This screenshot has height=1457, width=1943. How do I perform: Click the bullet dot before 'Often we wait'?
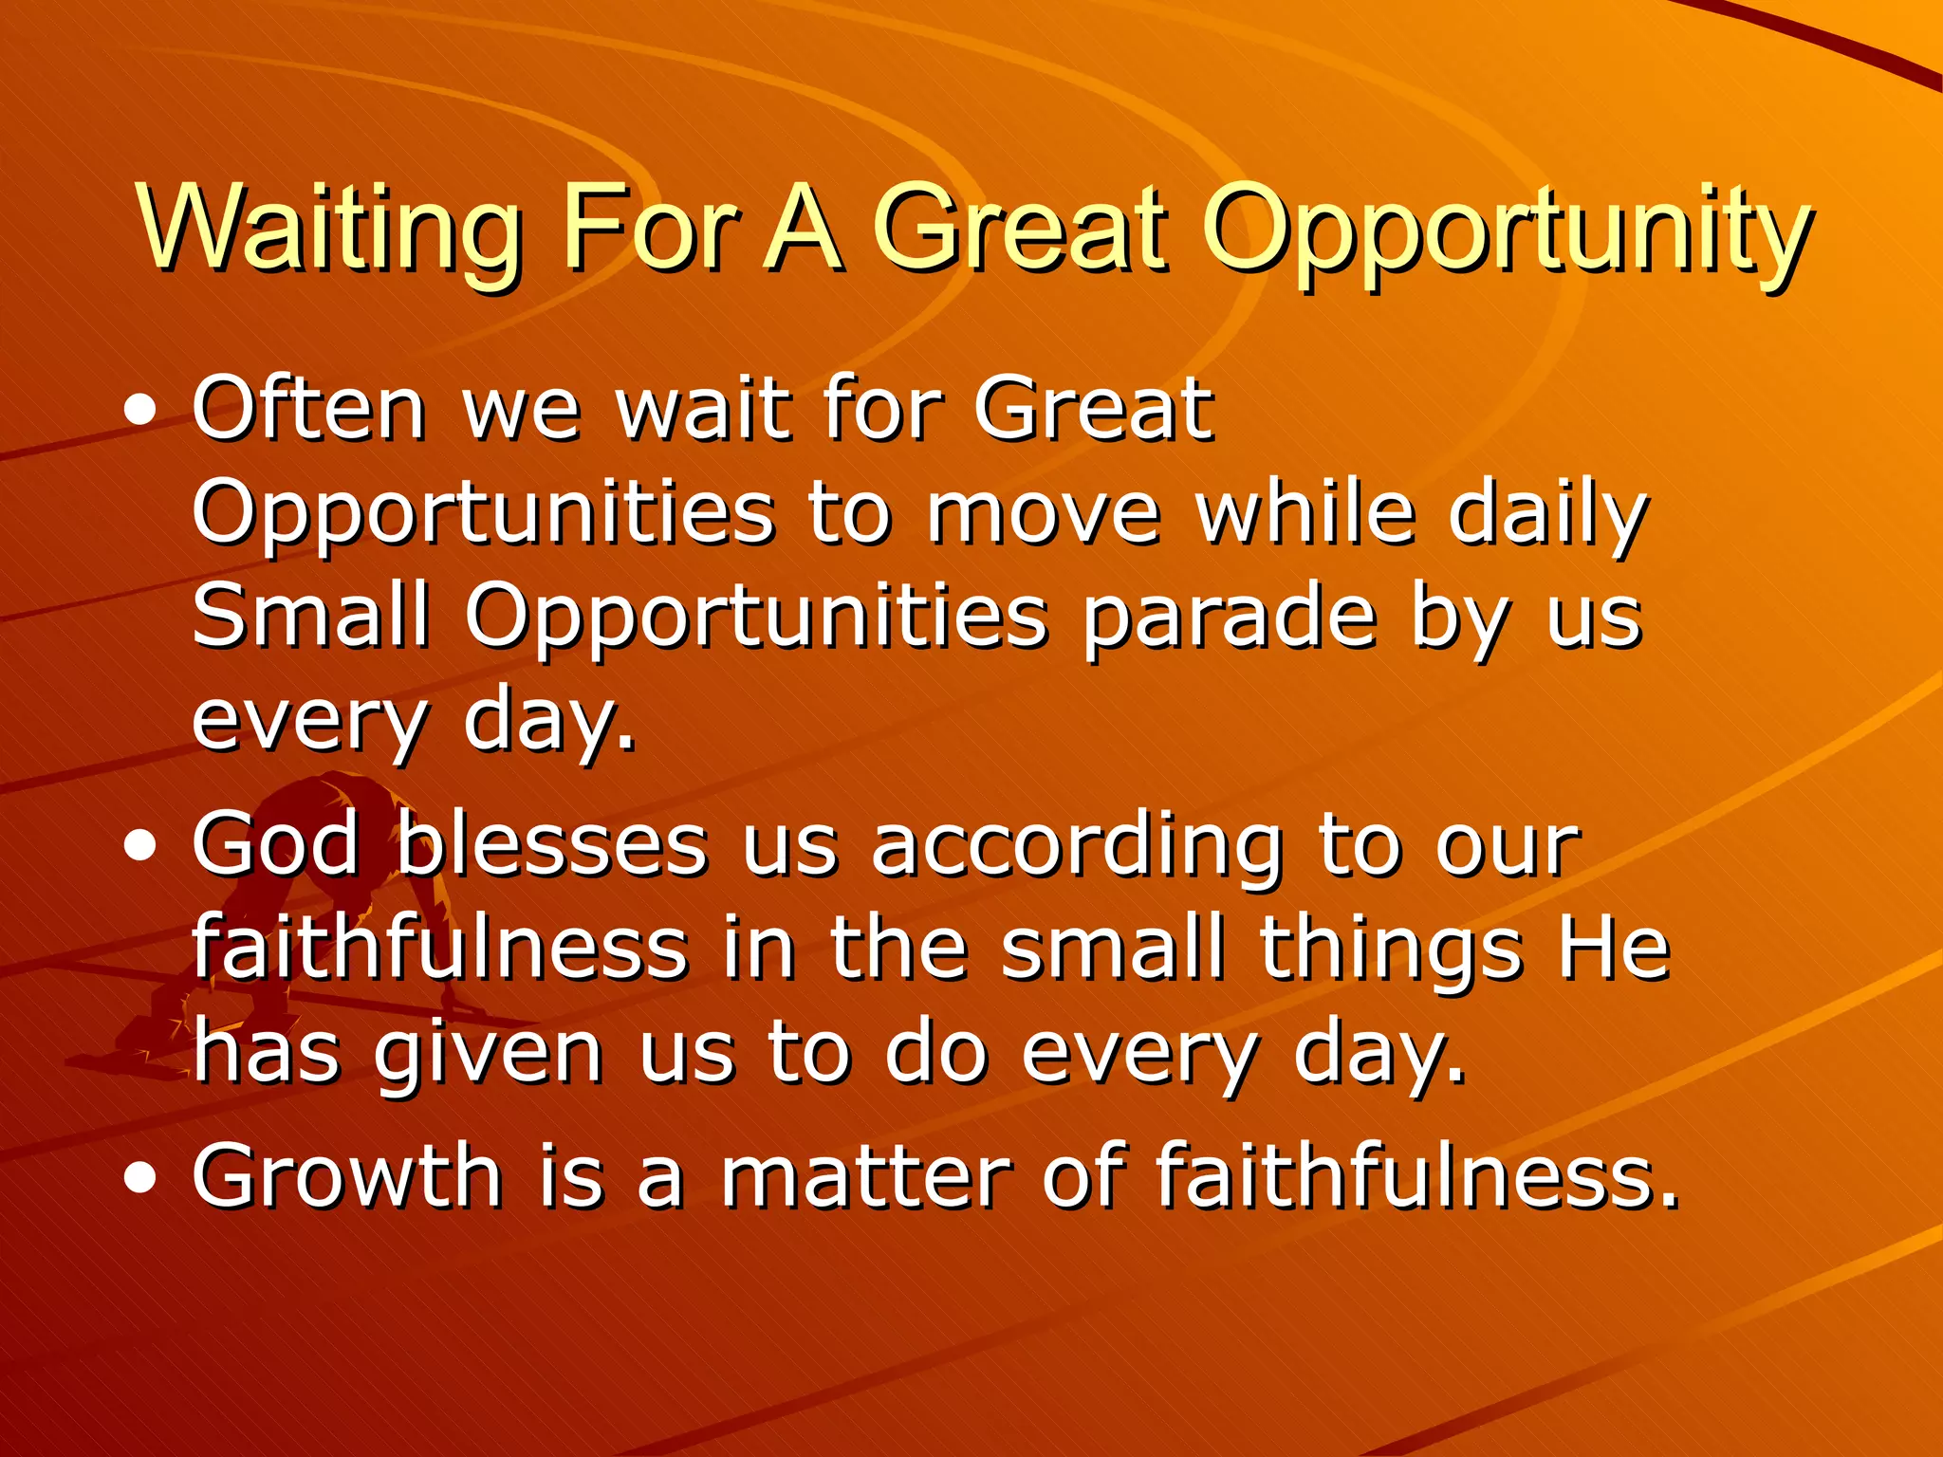point(140,412)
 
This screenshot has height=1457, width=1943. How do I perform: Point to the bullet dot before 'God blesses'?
point(140,846)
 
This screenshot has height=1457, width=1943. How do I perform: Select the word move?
point(1044,514)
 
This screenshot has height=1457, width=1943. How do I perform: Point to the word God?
point(276,843)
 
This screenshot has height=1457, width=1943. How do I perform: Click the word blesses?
point(551,843)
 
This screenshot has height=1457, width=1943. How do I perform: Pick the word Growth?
point(346,1176)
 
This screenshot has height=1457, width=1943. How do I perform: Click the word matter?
point(864,1177)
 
